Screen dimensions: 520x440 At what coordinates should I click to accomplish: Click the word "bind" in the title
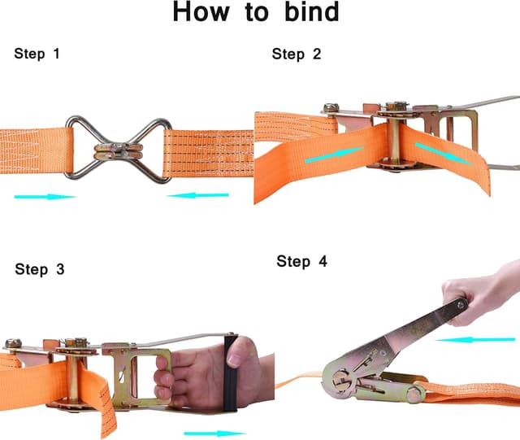(x=312, y=11)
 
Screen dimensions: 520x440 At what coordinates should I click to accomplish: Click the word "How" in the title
(x=201, y=11)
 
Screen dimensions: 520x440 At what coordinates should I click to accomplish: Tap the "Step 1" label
(x=37, y=54)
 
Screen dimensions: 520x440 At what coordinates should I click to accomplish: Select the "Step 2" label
(x=297, y=54)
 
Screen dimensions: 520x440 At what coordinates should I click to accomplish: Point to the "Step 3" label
(x=40, y=269)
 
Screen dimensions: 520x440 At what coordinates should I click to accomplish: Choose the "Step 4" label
(x=301, y=261)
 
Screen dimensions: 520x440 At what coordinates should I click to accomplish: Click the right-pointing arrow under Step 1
(x=45, y=197)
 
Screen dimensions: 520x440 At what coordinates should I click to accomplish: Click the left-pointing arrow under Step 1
(x=198, y=195)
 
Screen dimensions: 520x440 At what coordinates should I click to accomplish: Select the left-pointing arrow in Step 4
(x=475, y=340)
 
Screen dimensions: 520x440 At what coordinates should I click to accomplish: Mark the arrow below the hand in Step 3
(x=214, y=433)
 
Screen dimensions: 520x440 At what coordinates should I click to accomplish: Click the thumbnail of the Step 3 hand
(x=235, y=360)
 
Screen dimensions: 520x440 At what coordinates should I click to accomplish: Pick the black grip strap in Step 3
(x=231, y=373)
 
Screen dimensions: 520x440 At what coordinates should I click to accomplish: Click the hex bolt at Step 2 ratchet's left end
(x=331, y=107)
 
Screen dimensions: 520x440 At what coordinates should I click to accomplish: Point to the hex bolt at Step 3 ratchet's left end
(x=13, y=343)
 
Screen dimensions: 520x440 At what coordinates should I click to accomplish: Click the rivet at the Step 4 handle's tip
(x=461, y=303)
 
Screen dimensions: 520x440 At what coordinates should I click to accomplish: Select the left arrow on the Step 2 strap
(x=334, y=155)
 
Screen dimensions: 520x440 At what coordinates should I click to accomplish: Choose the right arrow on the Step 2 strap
(x=444, y=154)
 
